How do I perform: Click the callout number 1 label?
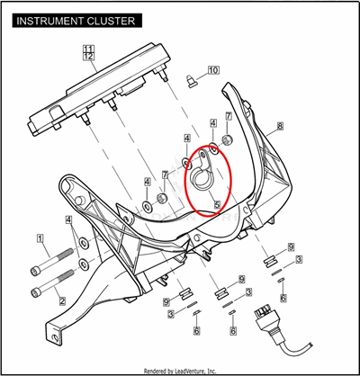pos(40,238)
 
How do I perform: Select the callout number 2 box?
pos(62,300)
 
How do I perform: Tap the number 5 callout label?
pos(217,204)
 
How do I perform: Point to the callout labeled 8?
pos(280,126)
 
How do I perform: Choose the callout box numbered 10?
pos(212,70)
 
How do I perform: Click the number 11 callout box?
pos(89,49)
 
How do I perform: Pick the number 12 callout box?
pos(89,56)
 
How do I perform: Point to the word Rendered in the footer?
pos(154,372)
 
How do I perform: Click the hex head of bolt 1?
pos(34,272)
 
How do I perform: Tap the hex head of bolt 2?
pos(35,292)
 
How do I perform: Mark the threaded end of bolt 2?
pos(67,275)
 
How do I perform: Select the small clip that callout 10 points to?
pos(191,81)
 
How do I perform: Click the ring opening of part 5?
pos(200,180)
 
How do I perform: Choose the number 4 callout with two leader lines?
pos(69,220)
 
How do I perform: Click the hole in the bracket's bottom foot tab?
pos(56,337)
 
